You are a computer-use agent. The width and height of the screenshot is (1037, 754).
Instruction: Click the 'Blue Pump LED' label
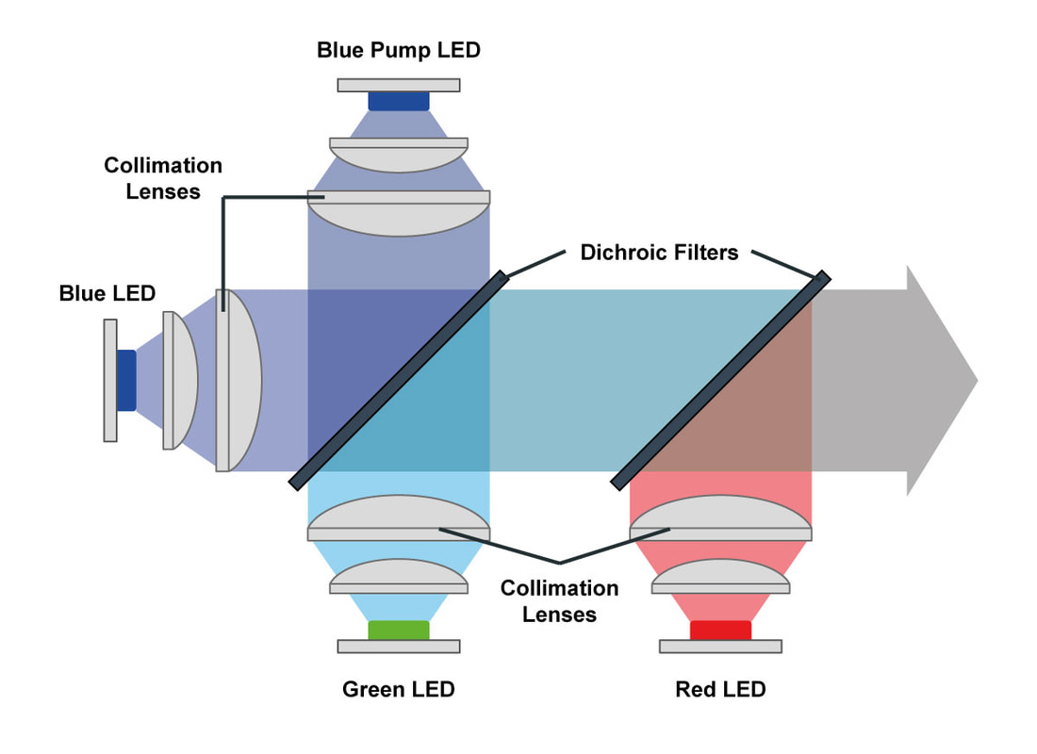click(398, 49)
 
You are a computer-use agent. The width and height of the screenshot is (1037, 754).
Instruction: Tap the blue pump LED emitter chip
click(398, 101)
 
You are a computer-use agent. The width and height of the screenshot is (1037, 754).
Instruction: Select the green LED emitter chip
click(398, 631)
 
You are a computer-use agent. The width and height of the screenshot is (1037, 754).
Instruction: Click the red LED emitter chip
click(720, 631)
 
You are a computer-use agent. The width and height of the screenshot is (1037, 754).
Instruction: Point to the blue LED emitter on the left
click(126, 380)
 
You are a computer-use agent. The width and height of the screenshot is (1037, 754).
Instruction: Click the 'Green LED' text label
click(398, 689)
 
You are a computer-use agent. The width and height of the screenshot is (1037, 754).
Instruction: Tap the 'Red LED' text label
click(720, 689)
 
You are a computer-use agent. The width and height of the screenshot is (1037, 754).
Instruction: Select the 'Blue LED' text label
click(107, 293)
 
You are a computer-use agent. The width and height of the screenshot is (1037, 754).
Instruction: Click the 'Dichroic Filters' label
click(659, 252)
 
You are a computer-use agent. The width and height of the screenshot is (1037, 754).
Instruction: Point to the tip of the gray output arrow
click(976, 381)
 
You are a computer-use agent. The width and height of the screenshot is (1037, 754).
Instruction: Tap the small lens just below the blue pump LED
click(398, 153)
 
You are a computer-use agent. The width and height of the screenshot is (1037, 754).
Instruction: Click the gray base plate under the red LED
click(720, 647)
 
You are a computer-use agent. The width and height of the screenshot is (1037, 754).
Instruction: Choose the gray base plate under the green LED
click(398, 647)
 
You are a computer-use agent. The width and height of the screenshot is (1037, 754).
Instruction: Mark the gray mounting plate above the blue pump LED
click(398, 85)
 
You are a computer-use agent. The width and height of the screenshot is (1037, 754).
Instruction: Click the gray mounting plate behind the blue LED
click(110, 380)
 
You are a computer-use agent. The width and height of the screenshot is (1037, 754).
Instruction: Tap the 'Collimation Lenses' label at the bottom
click(559, 601)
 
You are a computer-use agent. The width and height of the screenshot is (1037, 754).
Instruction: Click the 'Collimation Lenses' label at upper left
click(163, 178)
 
